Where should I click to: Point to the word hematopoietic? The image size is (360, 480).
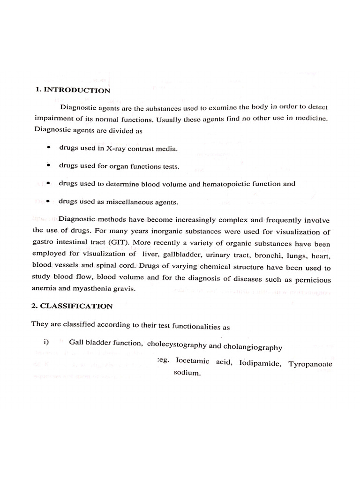pos(225,184)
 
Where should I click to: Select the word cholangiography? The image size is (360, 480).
pos(252,347)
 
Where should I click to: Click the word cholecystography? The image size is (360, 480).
pos(176,345)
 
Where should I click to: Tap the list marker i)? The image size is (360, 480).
pos(46,342)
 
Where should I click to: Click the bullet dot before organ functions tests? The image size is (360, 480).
pos(49,166)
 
